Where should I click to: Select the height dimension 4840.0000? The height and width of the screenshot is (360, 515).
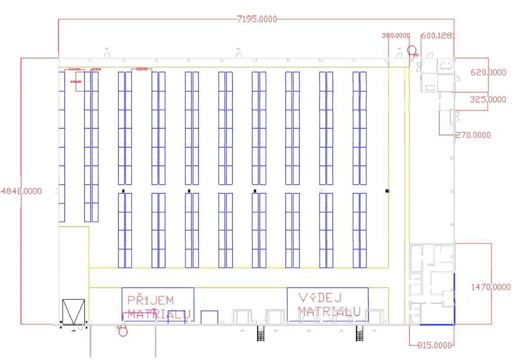[x=22, y=191]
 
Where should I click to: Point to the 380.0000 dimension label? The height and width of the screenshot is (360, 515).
[x=396, y=36]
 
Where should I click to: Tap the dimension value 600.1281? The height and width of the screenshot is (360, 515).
[x=438, y=36]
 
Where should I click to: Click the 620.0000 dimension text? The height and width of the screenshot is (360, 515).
[x=488, y=72]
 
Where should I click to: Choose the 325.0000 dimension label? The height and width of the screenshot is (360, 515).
[x=488, y=99]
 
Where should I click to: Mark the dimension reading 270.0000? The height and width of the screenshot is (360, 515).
[x=473, y=135]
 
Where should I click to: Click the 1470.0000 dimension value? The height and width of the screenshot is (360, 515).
[x=491, y=287]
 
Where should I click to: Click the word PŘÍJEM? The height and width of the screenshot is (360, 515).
[x=150, y=300]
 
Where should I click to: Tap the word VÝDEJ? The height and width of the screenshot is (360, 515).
[x=320, y=297]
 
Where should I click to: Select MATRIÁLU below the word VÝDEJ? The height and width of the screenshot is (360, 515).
[x=330, y=311]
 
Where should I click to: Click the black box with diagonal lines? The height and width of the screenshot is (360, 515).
[x=73, y=311]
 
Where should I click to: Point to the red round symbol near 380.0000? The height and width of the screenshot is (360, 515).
[x=412, y=51]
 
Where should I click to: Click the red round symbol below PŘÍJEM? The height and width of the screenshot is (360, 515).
[x=122, y=332]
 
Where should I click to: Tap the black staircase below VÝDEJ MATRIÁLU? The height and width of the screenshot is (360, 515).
[x=359, y=333]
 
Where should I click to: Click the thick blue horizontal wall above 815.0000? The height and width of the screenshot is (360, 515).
[x=437, y=324]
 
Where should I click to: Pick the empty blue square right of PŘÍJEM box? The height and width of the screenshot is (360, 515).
[x=209, y=317]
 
